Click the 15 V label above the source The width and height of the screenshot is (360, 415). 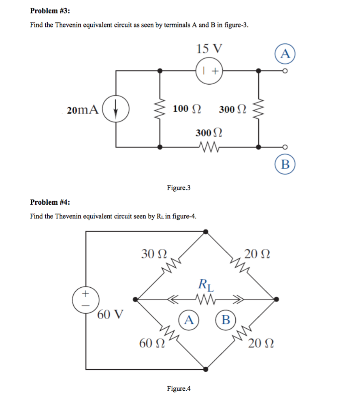[x=209, y=49]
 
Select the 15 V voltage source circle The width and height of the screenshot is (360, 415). [x=210, y=71]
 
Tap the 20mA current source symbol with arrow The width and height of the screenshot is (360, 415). [x=116, y=109]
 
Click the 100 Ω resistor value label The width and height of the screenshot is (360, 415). [x=186, y=109]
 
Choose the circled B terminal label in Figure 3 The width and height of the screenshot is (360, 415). [x=285, y=164]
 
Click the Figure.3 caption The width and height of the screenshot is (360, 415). [x=179, y=188]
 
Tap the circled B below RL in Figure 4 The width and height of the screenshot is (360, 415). [x=226, y=320]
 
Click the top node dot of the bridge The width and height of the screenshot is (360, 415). [x=206, y=231]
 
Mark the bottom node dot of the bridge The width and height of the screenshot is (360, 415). [x=206, y=369]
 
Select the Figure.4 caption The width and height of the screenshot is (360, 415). [x=179, y=389]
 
